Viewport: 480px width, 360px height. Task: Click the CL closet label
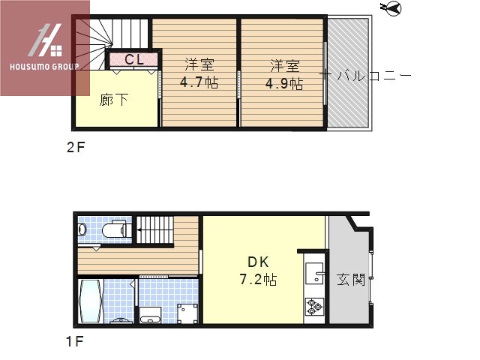tap(135, 59)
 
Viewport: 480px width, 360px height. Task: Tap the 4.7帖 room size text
tap(199, 83)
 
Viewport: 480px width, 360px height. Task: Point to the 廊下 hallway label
tap(115, 100)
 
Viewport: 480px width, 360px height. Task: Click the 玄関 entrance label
tap(350, 280)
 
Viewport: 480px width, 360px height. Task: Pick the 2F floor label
tap(75, 147)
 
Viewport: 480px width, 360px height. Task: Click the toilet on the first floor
tap(114, 229)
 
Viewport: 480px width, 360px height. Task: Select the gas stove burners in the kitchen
tap(313, 306)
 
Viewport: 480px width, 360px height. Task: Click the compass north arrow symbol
tap(391, 9)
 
